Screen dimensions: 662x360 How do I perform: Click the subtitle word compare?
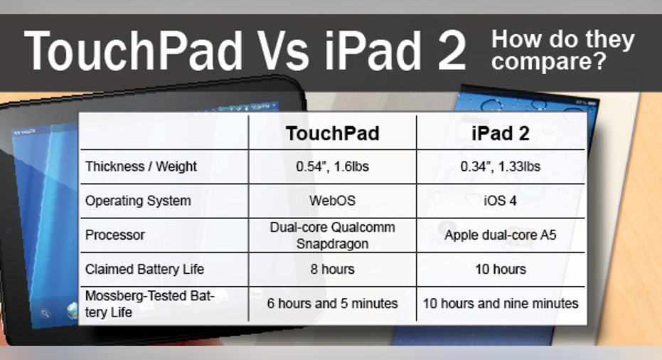click(x=549, y=62)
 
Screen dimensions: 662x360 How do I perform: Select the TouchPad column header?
click(x=333, y=134)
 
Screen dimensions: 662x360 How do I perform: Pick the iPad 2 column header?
click(x=501, y=134)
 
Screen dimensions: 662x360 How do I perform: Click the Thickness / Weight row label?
click(x=141, y=166)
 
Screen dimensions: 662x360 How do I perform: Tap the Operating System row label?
click(x=138, y=201)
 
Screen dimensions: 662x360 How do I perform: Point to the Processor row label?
click(x=115, y=235)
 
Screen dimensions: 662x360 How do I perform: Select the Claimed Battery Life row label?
click(x=145, y=269)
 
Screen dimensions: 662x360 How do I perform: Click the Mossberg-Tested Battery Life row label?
click(x=150, y=304)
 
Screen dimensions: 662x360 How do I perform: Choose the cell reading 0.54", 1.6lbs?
click(x=333, y=166)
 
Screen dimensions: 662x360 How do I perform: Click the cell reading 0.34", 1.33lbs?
click(x=501, y=166)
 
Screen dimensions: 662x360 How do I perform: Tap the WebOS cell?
click(x=333, y=201)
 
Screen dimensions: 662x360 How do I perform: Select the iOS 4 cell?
click(x=501, y=201)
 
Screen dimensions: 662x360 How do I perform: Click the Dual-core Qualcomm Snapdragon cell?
click(x=333, y=235)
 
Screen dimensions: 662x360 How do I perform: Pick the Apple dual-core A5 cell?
click(x=501, y=235)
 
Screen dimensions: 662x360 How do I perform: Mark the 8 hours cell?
click(x=333, y=269)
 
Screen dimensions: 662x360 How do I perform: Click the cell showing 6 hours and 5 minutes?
click(x=333, y=303)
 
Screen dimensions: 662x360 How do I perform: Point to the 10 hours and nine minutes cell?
click(x=501, y=303)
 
